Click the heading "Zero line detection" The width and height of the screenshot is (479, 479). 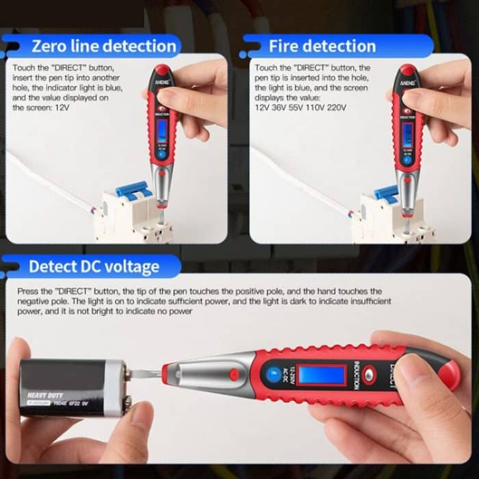tap(104, 47)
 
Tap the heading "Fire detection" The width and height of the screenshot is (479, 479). tap(322, 47)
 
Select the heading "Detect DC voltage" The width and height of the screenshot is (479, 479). tap(94, 267)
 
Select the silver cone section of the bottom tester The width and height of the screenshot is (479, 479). tap(205, 374)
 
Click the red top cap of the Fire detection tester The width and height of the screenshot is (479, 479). tap(406, 70)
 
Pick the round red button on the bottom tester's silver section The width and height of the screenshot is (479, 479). tap(234, 374)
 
